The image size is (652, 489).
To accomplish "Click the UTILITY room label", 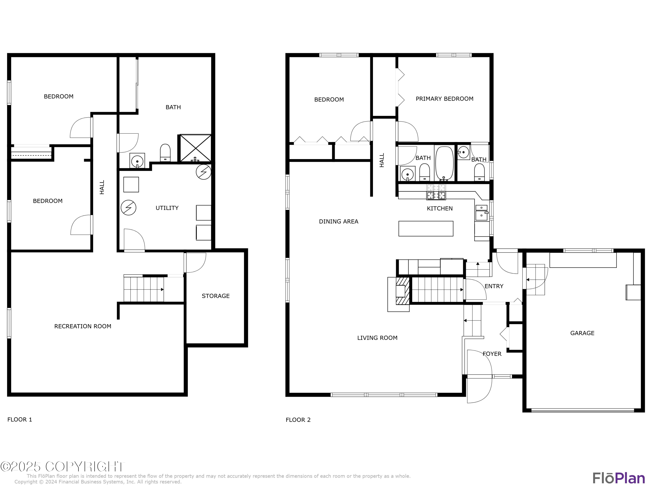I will [x=167, y=208].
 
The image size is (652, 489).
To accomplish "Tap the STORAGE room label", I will [x=215, y=296].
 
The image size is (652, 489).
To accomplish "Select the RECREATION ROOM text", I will [x=83, y=326].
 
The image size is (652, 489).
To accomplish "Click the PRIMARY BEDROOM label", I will [x=444, y=99].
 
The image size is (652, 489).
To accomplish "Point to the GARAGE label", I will [x=582, y=333].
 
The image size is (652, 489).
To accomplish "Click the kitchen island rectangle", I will [x=426, y=229].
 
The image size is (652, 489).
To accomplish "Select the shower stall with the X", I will [x=195, y=148].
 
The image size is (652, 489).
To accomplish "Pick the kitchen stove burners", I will [x=436, y=192].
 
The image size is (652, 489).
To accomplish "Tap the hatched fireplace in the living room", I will [x=402, y=291].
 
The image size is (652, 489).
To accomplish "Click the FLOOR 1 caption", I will [x=20, y=419].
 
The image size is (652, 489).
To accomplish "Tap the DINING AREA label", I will [x=338, y=222].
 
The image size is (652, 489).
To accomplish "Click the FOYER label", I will [x=492, y=354].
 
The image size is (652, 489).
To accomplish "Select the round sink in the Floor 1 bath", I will [x=137, y=161].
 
